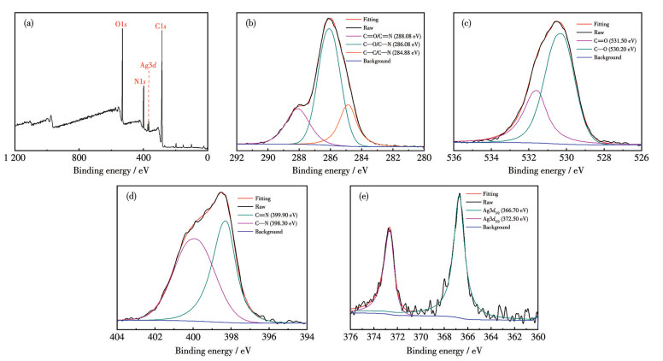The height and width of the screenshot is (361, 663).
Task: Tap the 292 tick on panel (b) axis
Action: point(238,157)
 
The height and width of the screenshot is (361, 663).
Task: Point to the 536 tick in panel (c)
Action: point(455,157)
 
